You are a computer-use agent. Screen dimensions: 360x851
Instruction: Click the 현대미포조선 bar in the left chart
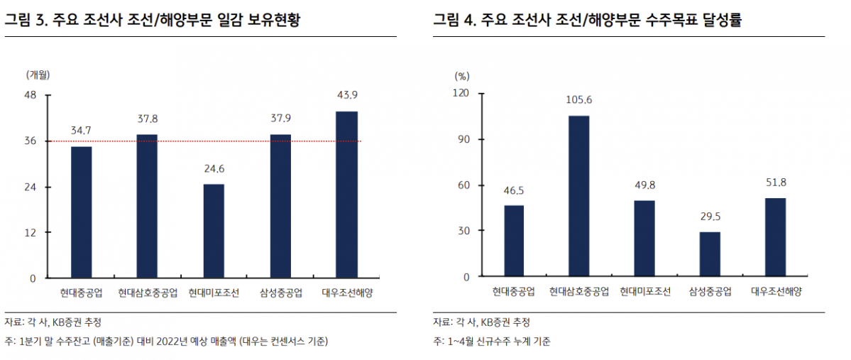[214, 231]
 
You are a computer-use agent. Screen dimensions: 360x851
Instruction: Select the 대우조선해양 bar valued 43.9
[346, 195]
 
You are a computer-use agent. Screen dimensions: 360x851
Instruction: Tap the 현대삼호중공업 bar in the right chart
[578, 196]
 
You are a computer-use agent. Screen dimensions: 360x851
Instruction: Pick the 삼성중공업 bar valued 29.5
[710, 254]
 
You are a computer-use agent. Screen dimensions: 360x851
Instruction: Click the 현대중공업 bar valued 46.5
[514, 241]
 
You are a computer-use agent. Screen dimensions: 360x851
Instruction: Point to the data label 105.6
[579, 100]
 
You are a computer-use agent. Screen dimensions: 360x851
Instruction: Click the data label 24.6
[214, 169]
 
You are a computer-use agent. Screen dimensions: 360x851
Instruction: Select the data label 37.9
[280, 119]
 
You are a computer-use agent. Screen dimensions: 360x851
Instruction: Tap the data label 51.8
[775, 182]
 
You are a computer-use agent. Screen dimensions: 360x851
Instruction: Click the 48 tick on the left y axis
[31, 95]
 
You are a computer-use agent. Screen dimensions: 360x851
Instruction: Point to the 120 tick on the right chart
[461, 93]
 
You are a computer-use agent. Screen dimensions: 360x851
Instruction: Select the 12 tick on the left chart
[31, 232]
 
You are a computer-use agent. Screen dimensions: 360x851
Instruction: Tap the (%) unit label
[461, 75]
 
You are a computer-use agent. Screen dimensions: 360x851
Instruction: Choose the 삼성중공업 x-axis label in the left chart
[280, 292]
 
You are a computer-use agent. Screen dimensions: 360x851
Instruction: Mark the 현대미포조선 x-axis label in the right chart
[644, 292]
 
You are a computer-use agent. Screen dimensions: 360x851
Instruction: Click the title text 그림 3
[24, 21]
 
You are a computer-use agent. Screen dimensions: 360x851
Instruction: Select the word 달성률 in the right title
[722, 21]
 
